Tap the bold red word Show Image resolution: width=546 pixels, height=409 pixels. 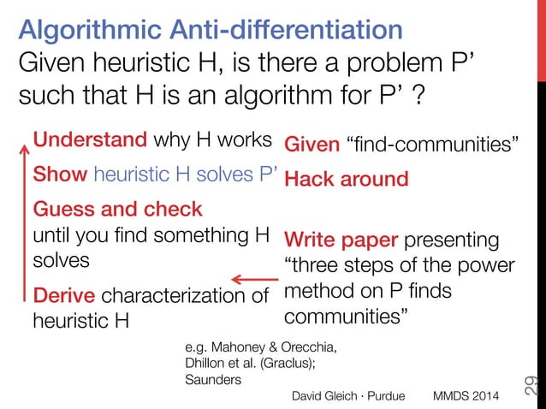click(x=59, y=175)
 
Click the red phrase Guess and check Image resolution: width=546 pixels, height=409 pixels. click(x=117, y=209)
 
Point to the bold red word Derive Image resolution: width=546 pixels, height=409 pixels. click(x=63, y=297)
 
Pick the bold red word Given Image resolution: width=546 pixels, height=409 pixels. click(x=312, y=145)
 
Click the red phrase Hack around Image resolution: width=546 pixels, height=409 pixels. click(x=346, y=180)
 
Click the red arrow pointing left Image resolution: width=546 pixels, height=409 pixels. click(x=254, y=279)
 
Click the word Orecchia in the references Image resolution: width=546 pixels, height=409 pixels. click(x=307, y=347)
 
